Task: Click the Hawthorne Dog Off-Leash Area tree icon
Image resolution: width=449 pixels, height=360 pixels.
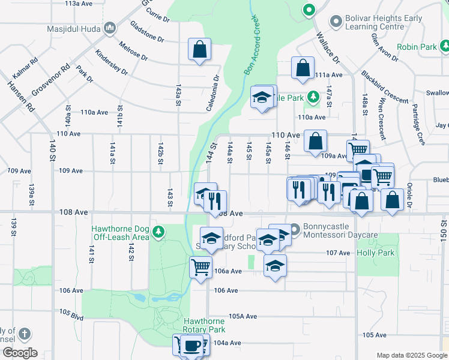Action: pos(158,232)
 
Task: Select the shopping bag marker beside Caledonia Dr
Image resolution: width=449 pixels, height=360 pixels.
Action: pos(199,50)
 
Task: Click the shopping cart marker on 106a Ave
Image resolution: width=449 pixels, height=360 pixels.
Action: pos(200,266)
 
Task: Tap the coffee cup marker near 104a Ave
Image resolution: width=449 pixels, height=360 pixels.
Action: pos(192,346)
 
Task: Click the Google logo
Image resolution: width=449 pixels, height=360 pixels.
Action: pos(19,353)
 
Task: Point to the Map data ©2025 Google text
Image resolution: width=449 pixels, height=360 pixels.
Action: pos(411,355)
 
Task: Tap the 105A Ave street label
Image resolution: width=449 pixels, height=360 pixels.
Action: pos(243,316)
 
